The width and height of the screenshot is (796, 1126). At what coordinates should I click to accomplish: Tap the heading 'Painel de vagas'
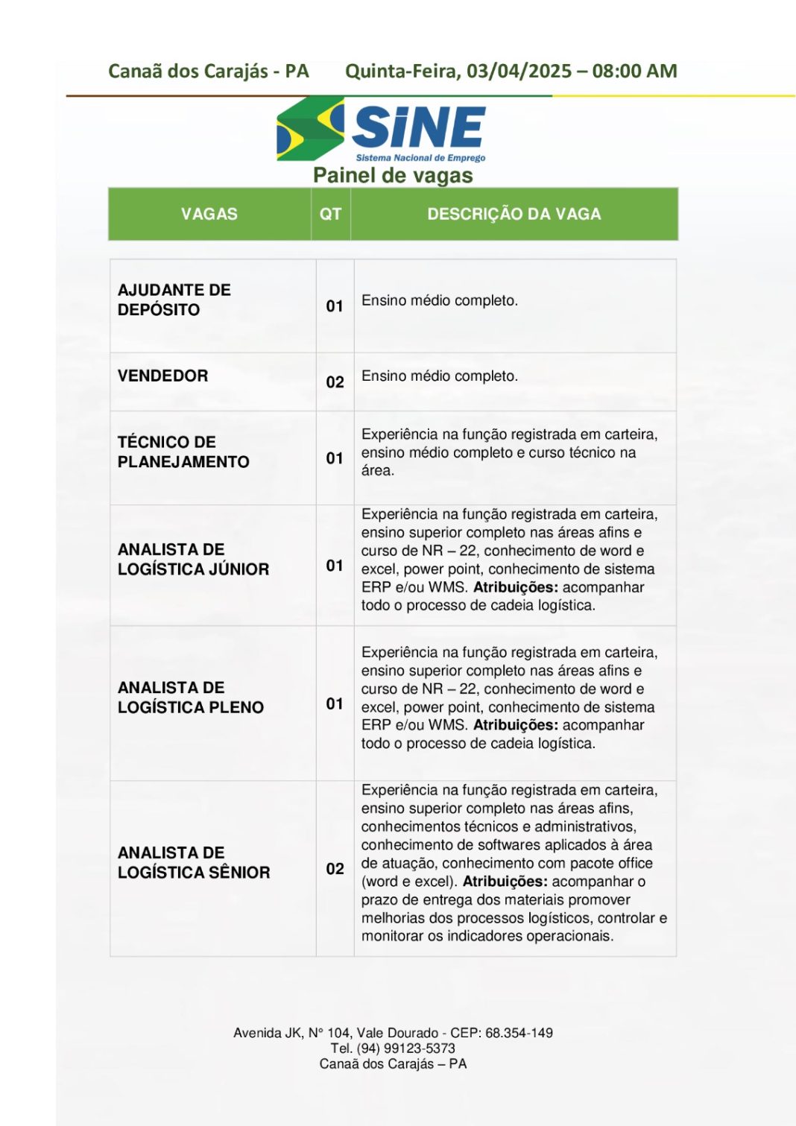(393, 176)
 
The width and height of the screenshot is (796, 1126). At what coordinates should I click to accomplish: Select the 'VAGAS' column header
(209, 214)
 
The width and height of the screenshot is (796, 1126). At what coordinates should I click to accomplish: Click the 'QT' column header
(330, 214)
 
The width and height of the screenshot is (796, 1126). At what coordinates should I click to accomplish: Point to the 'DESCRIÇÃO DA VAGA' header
(514, 214)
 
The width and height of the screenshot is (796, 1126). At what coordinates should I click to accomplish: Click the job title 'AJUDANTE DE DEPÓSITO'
(174, 300)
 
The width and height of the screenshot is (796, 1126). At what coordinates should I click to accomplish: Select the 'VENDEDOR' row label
(162, 376)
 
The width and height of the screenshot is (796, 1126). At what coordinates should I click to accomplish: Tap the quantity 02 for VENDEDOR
(335, 382)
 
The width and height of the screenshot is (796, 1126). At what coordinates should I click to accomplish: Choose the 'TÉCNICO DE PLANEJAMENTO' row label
(183, 452)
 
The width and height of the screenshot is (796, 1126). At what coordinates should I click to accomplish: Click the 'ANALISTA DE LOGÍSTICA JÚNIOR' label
(193, 559)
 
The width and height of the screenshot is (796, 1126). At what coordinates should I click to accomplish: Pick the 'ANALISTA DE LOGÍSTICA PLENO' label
(190, 697)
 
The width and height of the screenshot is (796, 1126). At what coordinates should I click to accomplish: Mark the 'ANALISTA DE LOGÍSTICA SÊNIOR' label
(193, 862)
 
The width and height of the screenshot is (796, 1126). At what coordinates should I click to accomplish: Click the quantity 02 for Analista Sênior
(335, 869)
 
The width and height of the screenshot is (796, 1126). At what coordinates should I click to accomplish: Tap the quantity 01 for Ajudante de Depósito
(335, 306)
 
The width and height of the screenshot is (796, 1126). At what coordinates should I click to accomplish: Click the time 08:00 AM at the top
(634, 72)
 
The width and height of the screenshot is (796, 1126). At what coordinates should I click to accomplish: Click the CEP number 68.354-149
(519, 1033)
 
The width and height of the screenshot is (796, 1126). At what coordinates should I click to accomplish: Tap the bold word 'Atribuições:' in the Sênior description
(505, 882)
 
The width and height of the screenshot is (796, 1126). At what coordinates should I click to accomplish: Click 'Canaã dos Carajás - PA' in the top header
(208, 72)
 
